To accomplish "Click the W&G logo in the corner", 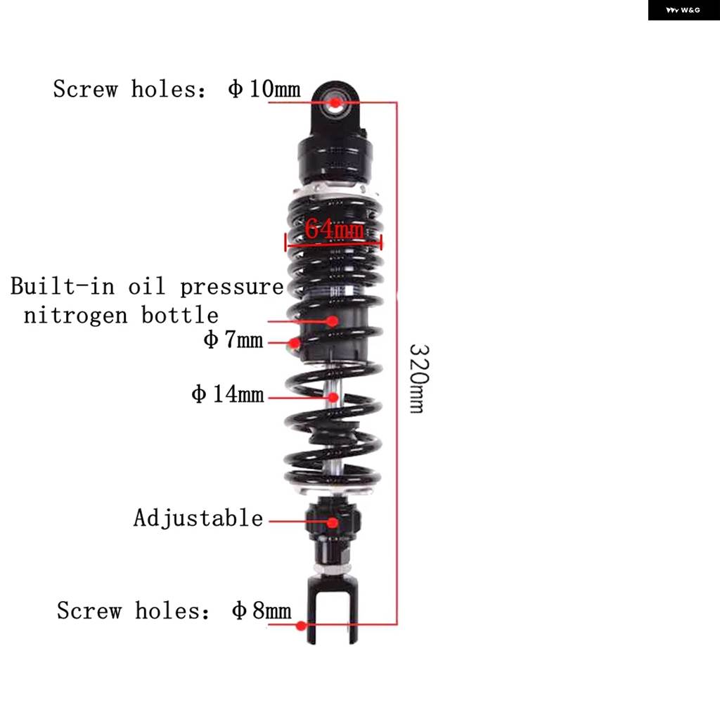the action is [x=683, y=10].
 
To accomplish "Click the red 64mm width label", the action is [x=334, y=229].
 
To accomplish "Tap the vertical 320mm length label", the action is [x=419, y=378].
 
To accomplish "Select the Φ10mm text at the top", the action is [x=264, y=89].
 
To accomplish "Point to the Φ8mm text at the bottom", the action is [x=262, y=610].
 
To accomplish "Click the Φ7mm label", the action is [x=233, y=340].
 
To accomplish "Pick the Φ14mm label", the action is [x=228, y=394].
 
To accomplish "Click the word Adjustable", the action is [x=198, y=518].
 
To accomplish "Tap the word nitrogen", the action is [x=75, y=316].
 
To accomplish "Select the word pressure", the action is [x=232, y=288].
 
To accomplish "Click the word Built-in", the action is [x=63, y=285].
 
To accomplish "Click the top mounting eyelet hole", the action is [x=335, y=103].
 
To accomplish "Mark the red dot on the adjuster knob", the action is [x=333, y=522].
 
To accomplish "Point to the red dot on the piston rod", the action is [x=333, y=397].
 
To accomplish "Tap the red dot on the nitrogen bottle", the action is [x=333, y=321].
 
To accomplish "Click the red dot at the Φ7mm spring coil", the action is [x=295, y=342].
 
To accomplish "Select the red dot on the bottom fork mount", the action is [x=301, y=625].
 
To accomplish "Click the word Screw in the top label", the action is [x=86, y=89].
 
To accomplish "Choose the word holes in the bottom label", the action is [x=172, y=611].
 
